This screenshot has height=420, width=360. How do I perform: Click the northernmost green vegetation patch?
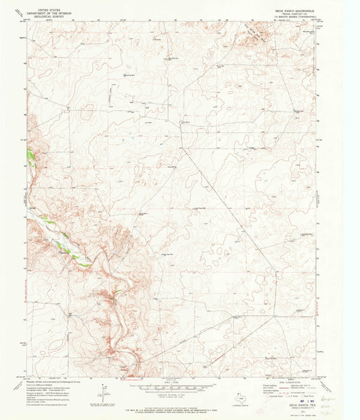(x=30, y=155)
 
